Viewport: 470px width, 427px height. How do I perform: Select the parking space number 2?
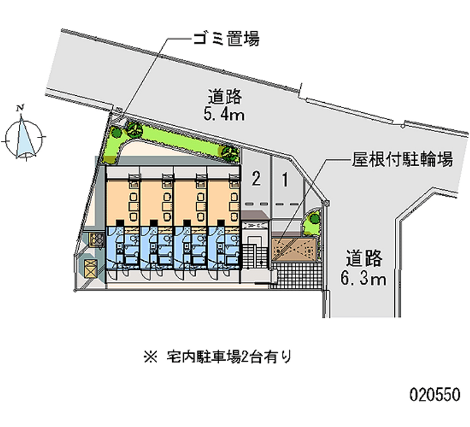(x=256, y=179)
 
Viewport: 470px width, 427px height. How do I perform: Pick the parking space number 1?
(x=285, y=179)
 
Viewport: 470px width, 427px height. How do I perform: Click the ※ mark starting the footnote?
(x=146, y=356)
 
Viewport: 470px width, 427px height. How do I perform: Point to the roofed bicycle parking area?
(x=297, y=248)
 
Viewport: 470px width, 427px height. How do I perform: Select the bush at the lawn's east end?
(x=229, y=153)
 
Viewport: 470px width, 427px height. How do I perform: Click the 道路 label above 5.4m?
(x=225, y=96)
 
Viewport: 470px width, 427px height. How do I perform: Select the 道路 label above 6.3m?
(x=364, y=258)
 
